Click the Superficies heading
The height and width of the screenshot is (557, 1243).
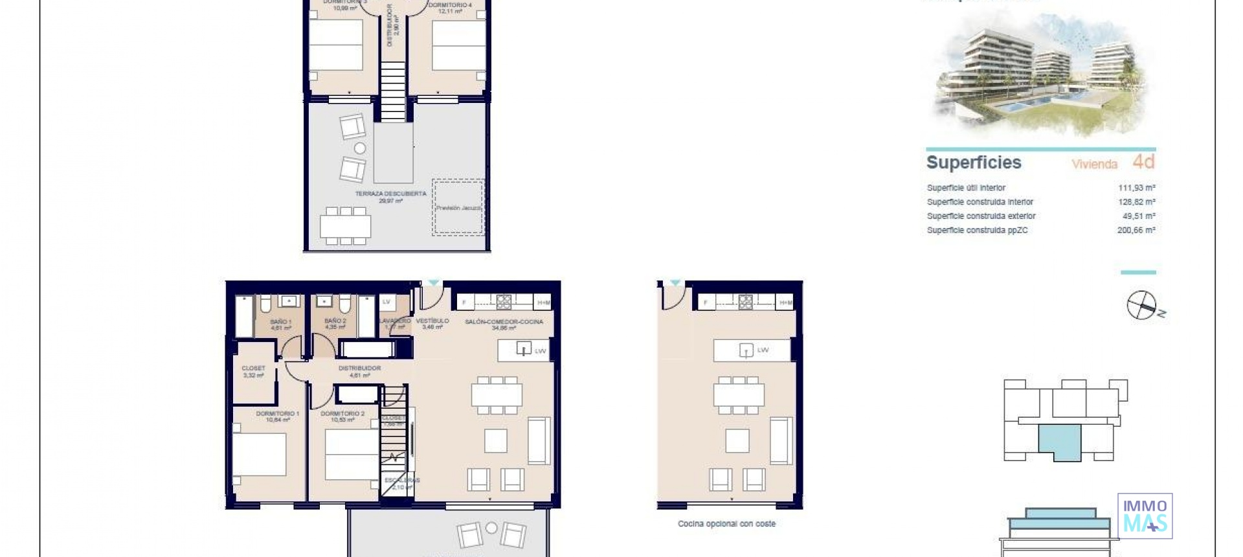[x=973, y=163]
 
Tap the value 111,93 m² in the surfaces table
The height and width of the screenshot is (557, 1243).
[x=1136, y=188]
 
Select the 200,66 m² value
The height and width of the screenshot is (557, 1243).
[x=1136, y=230]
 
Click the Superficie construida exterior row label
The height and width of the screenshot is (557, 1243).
[x=981, y=216]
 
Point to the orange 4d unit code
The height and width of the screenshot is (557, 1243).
[x=1143, y=161]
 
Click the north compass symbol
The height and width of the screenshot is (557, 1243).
[x=1143, y=305]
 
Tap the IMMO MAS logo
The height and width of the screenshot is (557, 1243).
[x=1145, y=516]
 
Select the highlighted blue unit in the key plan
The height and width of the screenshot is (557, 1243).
[x=1060, y=442]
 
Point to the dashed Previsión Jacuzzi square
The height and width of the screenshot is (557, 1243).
[x=458, y=207]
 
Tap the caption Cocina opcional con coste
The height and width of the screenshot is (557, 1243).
[x=726, y=523]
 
